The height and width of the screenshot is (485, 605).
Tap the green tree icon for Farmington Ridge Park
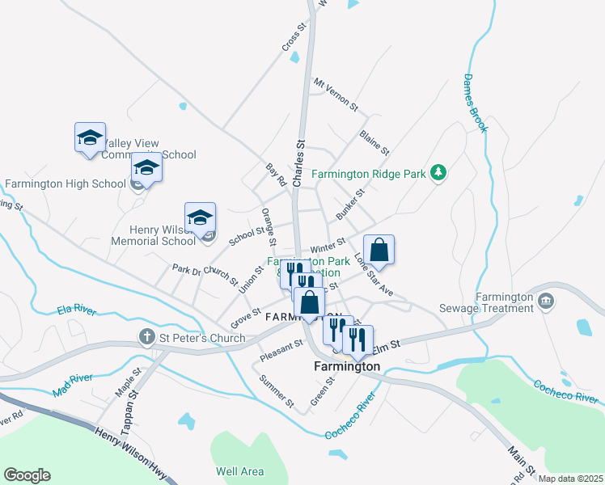pyautogui.click(x=438, y=172)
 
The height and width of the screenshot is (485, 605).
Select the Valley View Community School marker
pyautogui.click(x=90, y=138)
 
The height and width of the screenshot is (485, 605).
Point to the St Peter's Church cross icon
pyautogui.click(x=147, y=335)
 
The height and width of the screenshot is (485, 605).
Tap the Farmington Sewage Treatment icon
pyautogui.click(x=548, y=301)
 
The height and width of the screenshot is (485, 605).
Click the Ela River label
pyautogui.click(x=77, y=309)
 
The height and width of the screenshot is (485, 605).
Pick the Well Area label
pyautogui.click(x=239, y=471)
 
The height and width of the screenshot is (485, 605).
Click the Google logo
pyautogui.click(x=27, y=475)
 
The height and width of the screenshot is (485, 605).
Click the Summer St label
pyautogui.click(x=276, y=390)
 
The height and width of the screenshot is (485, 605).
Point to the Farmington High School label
pyautogui.click(x=65, y=183)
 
